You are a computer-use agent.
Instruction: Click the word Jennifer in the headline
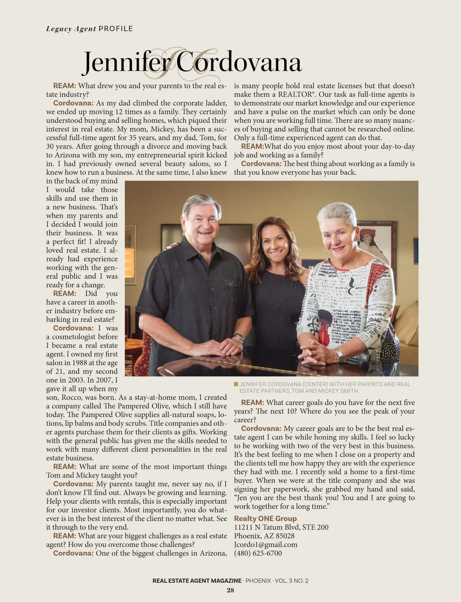coord(127,62)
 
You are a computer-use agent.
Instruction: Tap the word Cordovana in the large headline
coord(239,62)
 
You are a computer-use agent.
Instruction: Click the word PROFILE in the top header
coord(116,29)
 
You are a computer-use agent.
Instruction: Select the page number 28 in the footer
coord(230,590)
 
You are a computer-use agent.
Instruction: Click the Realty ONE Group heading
coord(265,518)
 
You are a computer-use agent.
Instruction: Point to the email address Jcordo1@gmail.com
coord(265,544)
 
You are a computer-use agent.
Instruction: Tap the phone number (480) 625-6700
coord(258,553)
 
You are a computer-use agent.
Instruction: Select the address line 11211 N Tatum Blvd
coord(281,527)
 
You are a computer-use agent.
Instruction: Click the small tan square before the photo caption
coord(236,384)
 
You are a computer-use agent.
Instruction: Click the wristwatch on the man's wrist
coord(239,337)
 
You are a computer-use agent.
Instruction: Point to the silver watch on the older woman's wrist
coord(339,353)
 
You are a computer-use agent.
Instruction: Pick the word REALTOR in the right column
coord(295,94)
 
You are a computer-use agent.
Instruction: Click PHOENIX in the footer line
coord(258,581)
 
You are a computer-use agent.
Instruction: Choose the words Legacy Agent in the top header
coord(71,29)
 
